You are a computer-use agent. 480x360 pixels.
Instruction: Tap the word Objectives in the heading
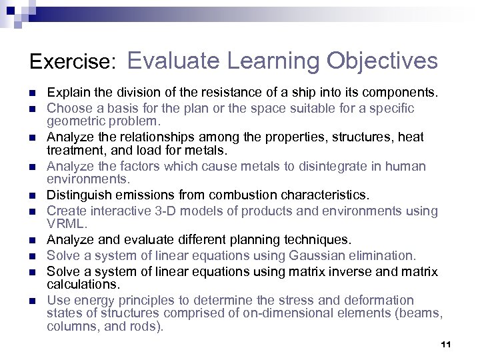point(382,61)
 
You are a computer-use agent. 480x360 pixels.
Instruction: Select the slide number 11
point(446,345)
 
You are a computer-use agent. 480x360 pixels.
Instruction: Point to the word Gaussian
point(313,255)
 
